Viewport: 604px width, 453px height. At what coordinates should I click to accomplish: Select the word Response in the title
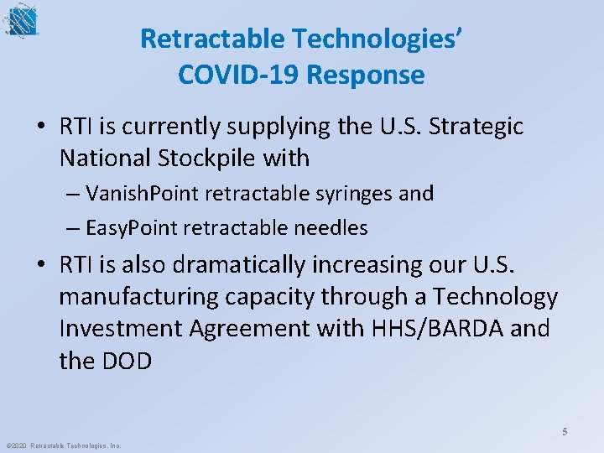pos(366,75)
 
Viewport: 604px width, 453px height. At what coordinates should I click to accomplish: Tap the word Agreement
pos(256,328)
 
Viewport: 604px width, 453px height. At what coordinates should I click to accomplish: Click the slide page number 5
pos(565,432)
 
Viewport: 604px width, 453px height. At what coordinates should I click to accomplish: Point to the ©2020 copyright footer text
pos(64,445)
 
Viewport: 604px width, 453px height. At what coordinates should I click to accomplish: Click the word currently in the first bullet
pos(160,127)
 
